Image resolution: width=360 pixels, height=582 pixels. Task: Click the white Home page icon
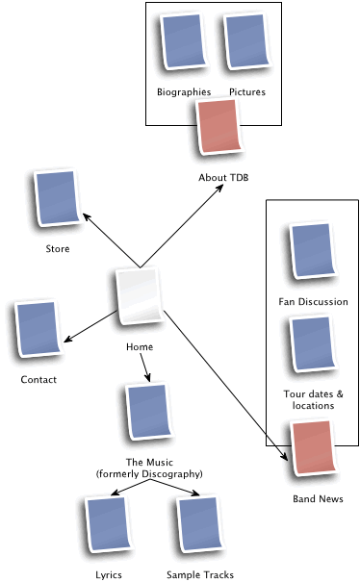point(139,300)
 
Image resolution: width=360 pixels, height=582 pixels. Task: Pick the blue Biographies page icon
point(183,43)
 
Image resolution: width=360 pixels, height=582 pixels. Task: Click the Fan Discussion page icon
point(311,253)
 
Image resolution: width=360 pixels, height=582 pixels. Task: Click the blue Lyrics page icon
point(109,525)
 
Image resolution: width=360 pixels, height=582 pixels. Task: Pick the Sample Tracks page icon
point(199,525)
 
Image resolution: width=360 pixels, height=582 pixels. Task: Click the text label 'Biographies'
point(183,92)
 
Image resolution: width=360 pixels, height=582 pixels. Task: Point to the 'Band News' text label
point(318,499)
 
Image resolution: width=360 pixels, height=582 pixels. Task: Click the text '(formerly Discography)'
point(149,474)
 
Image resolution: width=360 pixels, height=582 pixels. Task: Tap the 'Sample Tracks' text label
point(199,574)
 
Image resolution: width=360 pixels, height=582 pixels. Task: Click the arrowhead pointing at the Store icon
point(86,216)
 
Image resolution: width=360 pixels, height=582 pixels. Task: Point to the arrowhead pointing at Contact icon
point(65,339)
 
